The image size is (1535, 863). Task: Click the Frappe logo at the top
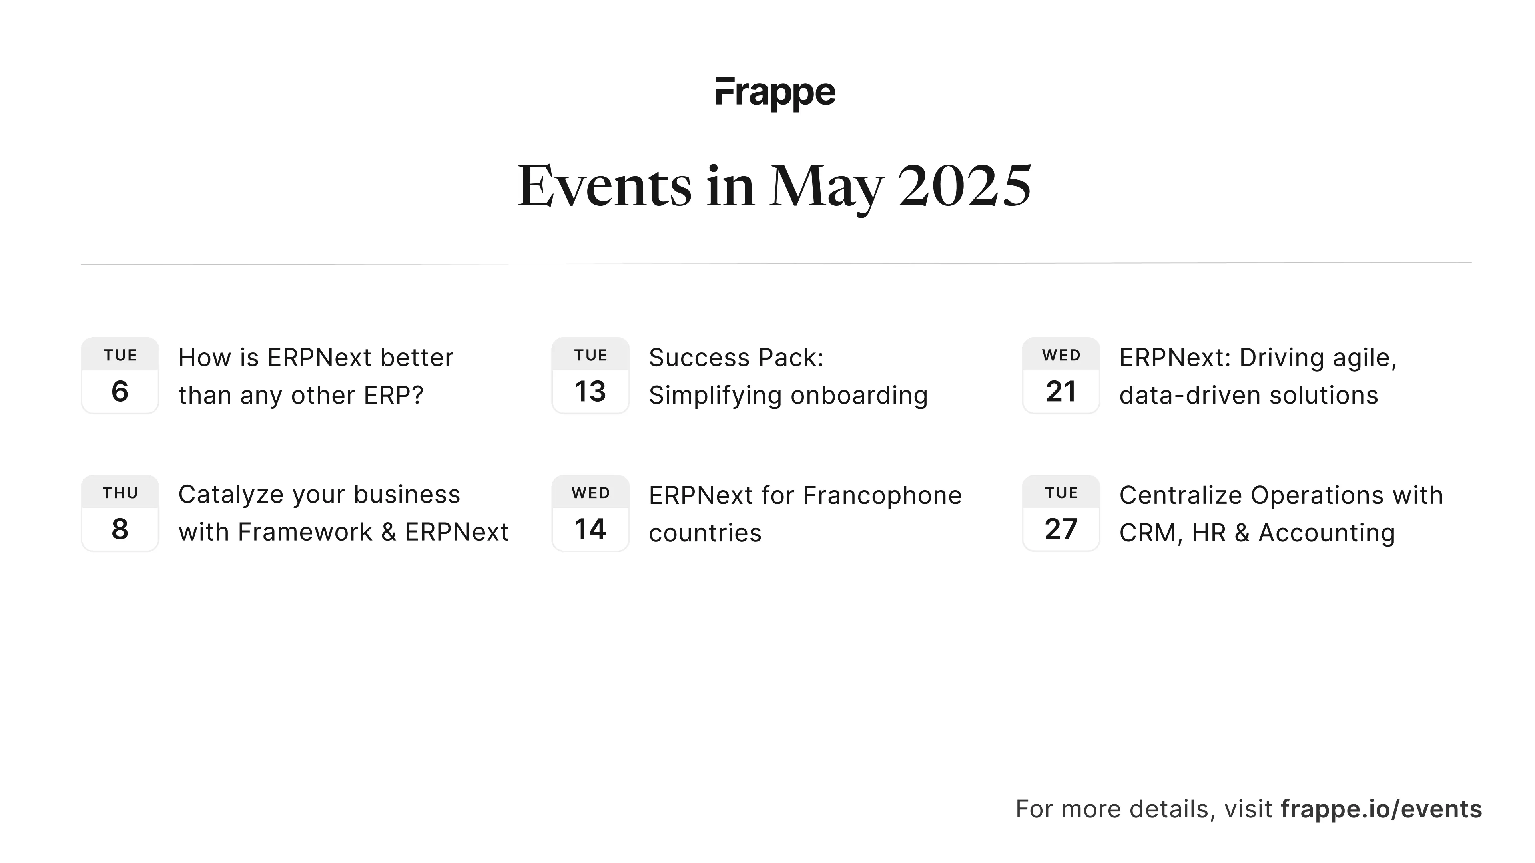775,93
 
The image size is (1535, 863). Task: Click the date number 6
120,391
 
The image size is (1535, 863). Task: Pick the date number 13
590,391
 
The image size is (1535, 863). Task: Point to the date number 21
1061,391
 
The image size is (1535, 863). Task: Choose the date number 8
120,529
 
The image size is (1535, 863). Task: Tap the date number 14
590,529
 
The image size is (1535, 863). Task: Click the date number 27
1061,529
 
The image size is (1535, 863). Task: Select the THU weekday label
120,493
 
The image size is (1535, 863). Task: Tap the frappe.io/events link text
1381,809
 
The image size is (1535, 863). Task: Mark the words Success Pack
736,358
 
